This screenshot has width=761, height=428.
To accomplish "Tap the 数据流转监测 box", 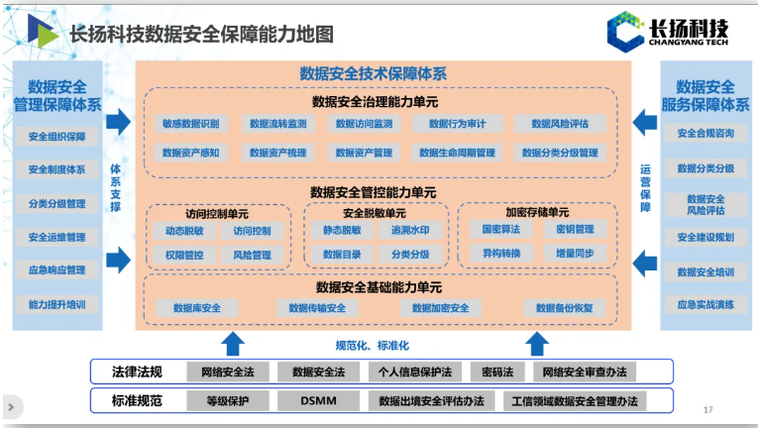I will pyautogui.click(x=277, y=124).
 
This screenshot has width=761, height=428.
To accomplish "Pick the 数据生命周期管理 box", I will pyautogui.click(x=457, y=153).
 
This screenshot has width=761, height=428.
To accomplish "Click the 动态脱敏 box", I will pyautogui.click(x=184, y=230).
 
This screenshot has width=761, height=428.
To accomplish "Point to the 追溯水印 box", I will pyautogui.click(x=409, y=230).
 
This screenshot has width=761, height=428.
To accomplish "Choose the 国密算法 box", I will pyautogui.click(x=500, y=230).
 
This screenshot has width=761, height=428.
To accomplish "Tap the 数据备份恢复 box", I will pyautogui.click(x=564, y=308).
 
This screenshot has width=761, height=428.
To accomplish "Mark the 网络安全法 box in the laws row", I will pyautogui.click(x=227, y=373).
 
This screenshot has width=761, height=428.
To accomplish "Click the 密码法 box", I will pyautogui.click(x=496, y=373).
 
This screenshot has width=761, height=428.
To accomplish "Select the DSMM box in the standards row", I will pyautogui.click(x=319, y=401).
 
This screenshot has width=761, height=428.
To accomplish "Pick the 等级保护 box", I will pyautogui.click(x=227, y=401).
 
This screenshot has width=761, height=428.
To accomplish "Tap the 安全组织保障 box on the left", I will pyautogui.click(x=57, y=137).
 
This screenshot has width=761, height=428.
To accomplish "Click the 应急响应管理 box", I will pyautogui.click(x=57, y=269).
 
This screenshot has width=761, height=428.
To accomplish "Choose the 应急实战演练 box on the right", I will pyautogui.click(x=706, y=304).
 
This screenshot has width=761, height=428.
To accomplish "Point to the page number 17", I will pyautogui.click(x=707, y=410).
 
